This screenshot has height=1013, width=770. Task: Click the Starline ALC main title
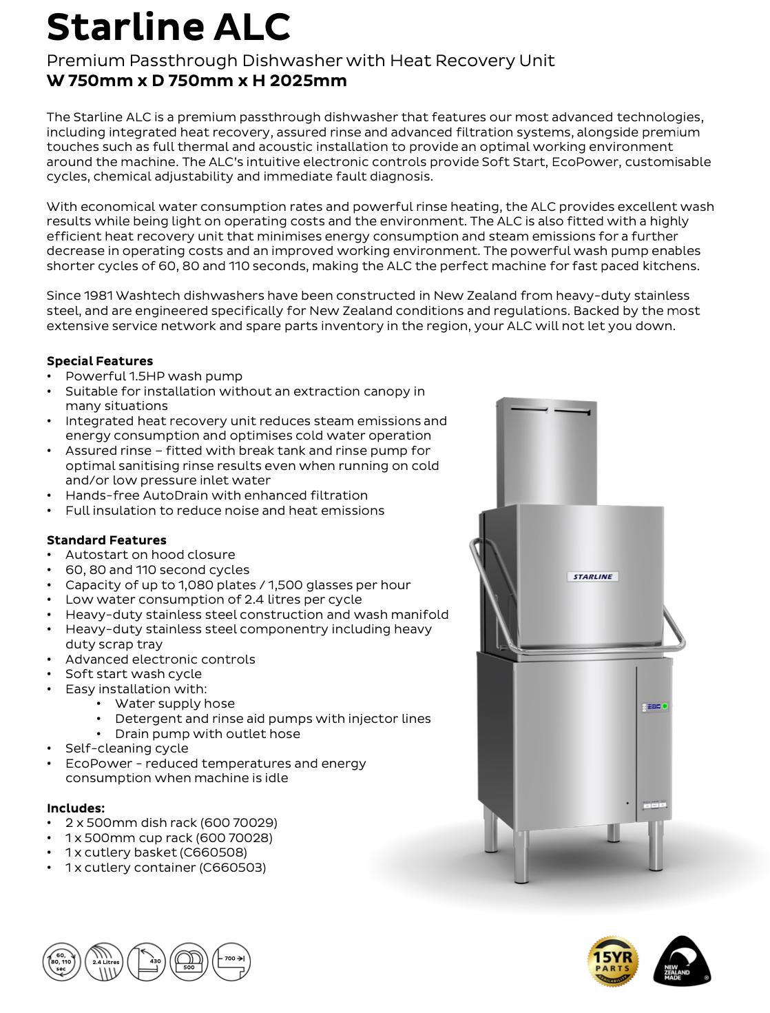pyautogui.click(x=168, y=28)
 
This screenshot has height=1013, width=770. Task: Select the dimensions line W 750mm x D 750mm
pyautogui.click(x=196, y=81)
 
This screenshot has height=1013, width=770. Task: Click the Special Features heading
pyautogui.click(x=100, y=361)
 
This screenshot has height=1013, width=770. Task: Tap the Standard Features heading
pyautogui.click(x=106, y=540)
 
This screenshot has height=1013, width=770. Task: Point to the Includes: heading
pyautogui.click(x=76, y=808)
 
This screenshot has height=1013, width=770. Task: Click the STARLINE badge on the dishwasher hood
pyautogui.click(x=593, y=577)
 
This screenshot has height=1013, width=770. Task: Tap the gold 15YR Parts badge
pyautogui.click(x=612, y=961)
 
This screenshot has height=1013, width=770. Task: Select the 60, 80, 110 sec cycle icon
pyautogui.click(x=61, y=962)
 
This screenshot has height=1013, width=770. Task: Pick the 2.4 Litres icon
pyautogui.click(x=105, y=962)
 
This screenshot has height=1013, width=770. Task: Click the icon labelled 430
pyautogui.click(x=147, y=962)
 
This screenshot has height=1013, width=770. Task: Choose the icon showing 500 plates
pyautogui.click(x=189, y=962)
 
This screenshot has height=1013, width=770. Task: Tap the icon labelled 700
pyautogui.click(x=231, y=962)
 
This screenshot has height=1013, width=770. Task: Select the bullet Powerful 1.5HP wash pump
pyautogui.click(x=154, y=376)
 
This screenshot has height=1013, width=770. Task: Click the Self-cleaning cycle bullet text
pyautogui.click(x=127, y=748)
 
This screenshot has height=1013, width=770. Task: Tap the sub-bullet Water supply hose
pyautogui.click(x=175, y=704)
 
